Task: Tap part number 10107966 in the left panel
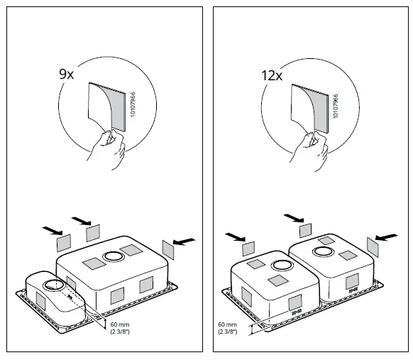(x=131, y=107)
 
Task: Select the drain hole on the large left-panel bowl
(x=111, y=256)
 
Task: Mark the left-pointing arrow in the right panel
(x=387, y=237)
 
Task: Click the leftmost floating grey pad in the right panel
(x=248, y=248)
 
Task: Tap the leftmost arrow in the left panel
(x=50, y=231)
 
